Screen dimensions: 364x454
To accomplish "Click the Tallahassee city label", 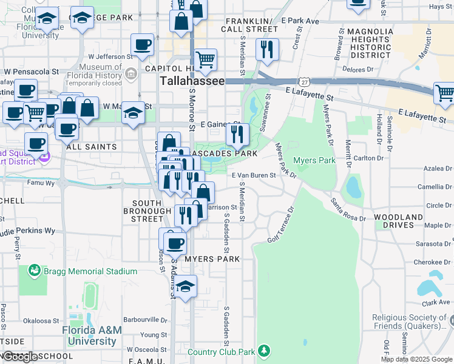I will click(192, 81).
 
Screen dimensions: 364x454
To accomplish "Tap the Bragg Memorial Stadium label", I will click(90, 271).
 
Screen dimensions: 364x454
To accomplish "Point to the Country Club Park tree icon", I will click(263, 351).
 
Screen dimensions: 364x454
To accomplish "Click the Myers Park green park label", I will click(314, 160).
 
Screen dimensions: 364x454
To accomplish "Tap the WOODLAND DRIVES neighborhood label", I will click(398, 221).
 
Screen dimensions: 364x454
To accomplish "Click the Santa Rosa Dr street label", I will click(348, 209).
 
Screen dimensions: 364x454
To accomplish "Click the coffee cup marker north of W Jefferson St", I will click(143, 45).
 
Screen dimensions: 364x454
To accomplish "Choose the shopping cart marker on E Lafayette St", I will click(445, 93).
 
